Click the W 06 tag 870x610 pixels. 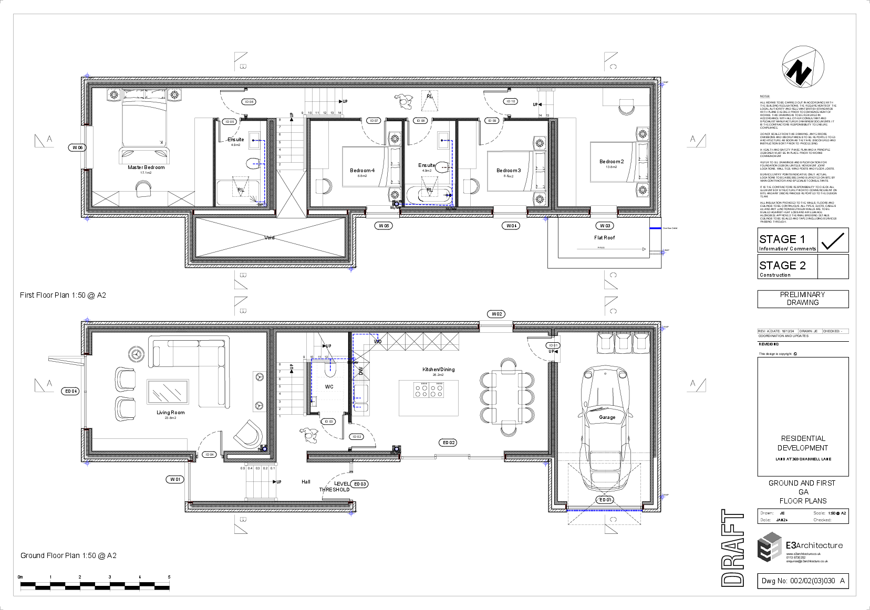77,148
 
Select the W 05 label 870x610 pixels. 384,226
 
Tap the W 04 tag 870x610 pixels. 511,226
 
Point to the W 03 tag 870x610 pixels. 605,226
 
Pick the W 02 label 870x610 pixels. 496,314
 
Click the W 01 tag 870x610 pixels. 175,479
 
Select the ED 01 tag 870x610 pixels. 605,500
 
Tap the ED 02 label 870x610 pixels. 448,443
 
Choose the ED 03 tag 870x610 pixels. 359,484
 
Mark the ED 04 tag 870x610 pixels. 70,391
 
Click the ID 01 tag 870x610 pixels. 553,345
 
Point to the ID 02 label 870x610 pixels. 357,437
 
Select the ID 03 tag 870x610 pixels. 328,422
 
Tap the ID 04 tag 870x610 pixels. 209,455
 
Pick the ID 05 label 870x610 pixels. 230,122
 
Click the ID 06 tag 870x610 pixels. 248,102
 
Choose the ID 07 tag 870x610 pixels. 374,121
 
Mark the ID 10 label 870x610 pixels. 511,101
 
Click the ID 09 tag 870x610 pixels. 492,121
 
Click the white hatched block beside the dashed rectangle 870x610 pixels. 361,376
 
